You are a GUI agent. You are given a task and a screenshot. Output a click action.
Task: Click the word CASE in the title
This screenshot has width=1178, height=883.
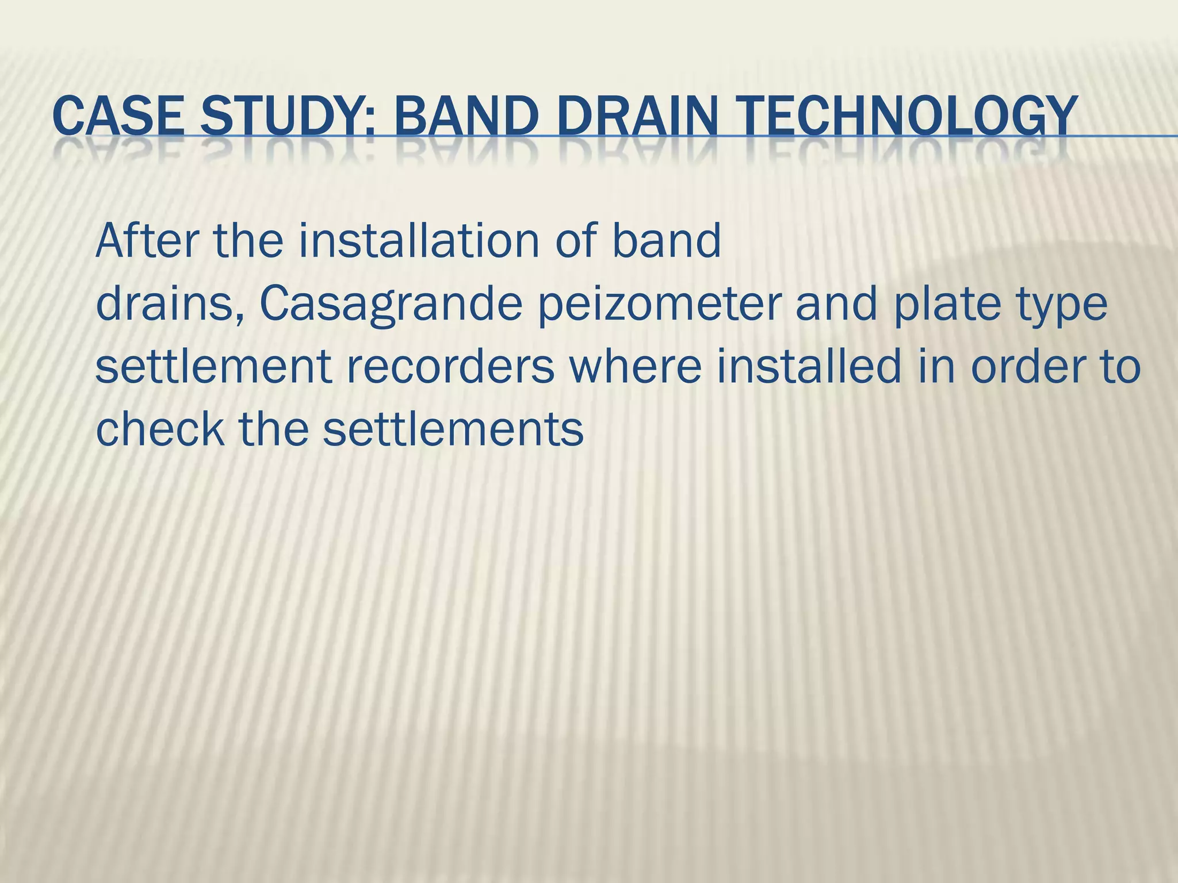pyautogui.click(x=118, y=117)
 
